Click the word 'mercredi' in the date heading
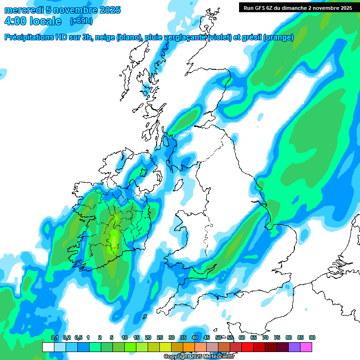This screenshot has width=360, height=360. (x=22, y=10)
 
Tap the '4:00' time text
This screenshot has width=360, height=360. (x=14, y=21)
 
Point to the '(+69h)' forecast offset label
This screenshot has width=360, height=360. (x=81, y=21)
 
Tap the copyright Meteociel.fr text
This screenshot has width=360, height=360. (x=199, y=357)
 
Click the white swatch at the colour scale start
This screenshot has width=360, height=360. (x=48, y=347)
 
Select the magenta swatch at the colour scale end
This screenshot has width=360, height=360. (x=306, y=347)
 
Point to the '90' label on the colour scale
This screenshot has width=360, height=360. (x=312, y=337)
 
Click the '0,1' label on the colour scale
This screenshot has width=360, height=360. (x=54, y=337)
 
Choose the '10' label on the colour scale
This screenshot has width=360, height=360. (x=125, y=337)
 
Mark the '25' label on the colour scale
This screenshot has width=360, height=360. (x=160, y=337)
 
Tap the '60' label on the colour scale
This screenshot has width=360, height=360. (x=242, y=337)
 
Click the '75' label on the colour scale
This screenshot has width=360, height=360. (x=277, y=337)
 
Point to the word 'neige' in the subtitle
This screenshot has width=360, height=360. (x=105, y=37)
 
